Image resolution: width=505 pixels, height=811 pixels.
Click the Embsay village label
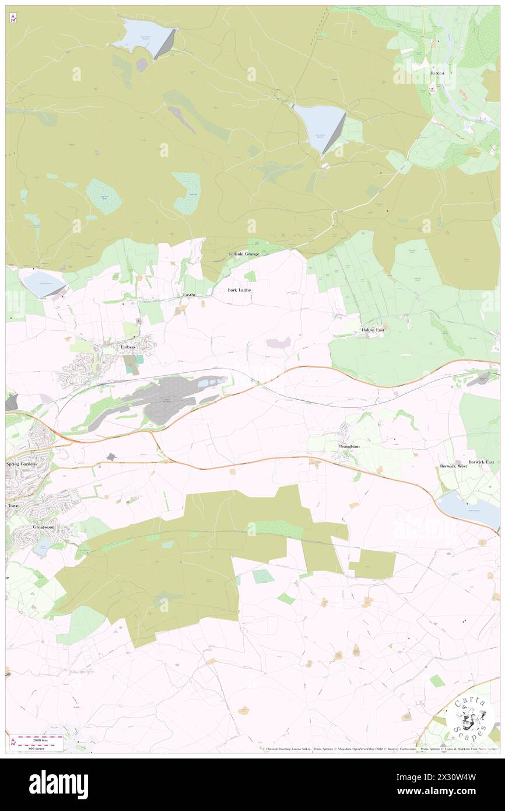[128, 347]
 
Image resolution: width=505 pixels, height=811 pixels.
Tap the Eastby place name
[190, 295]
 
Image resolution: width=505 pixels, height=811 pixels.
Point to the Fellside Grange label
[243, 254]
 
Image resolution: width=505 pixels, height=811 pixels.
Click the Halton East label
[372, 330]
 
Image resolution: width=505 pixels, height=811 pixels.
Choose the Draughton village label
[349, 446]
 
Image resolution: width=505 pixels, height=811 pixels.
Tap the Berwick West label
[454, 467]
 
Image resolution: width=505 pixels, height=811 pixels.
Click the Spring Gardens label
[22, 463]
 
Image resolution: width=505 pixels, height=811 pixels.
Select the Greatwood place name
[44, 526]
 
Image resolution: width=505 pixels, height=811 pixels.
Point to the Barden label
[437, 73]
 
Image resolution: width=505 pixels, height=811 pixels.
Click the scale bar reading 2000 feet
[39, 738]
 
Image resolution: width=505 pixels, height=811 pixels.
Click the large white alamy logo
[58, 784]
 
